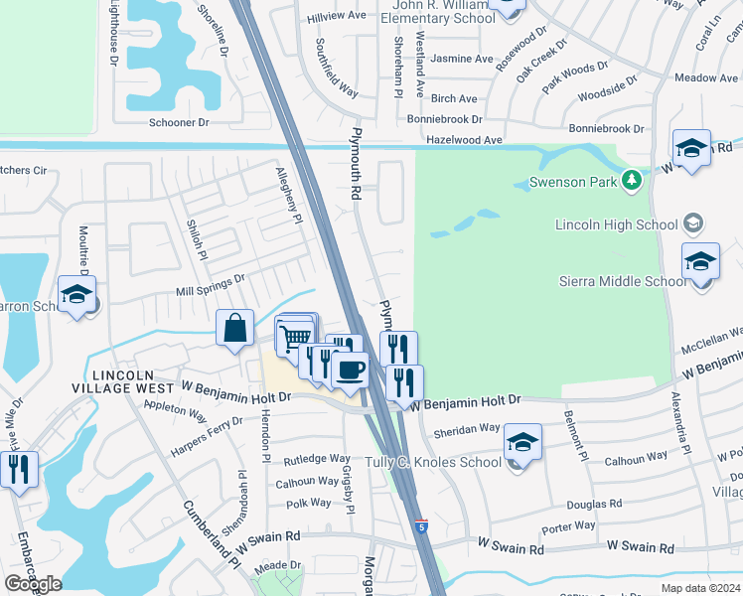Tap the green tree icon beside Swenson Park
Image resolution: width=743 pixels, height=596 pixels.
[x=630, y=180]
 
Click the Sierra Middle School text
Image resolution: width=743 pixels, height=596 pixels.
[x=623, y=281]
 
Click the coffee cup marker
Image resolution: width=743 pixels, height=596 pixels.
[x=350, y=371]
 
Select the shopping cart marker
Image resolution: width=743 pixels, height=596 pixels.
[x=294, y=337]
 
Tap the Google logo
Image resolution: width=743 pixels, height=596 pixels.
[x=33, y=584]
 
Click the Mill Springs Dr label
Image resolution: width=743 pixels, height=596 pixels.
[x=210, y=286]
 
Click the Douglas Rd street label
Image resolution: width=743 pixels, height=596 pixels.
[x=594, y=503]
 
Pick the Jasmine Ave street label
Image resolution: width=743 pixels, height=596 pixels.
[x=462, y=59]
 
